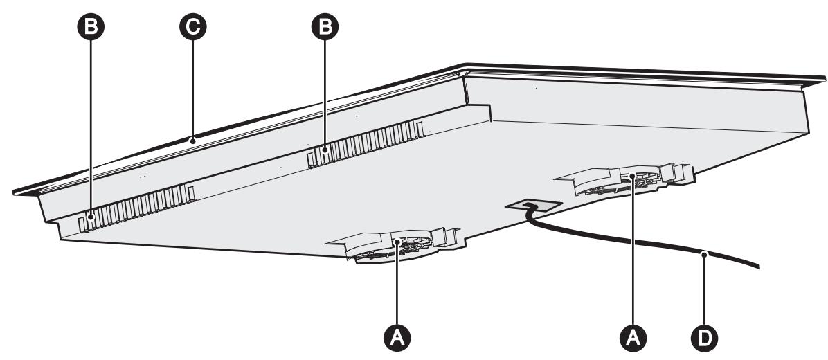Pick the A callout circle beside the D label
coord(632,336)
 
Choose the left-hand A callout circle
coord(397,336)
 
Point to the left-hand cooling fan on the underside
coord(391,247)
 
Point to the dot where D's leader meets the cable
coord(704,254)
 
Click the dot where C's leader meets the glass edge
coord(195,140)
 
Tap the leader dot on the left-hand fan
coord(397,243)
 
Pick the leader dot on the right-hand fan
coord(632,177)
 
